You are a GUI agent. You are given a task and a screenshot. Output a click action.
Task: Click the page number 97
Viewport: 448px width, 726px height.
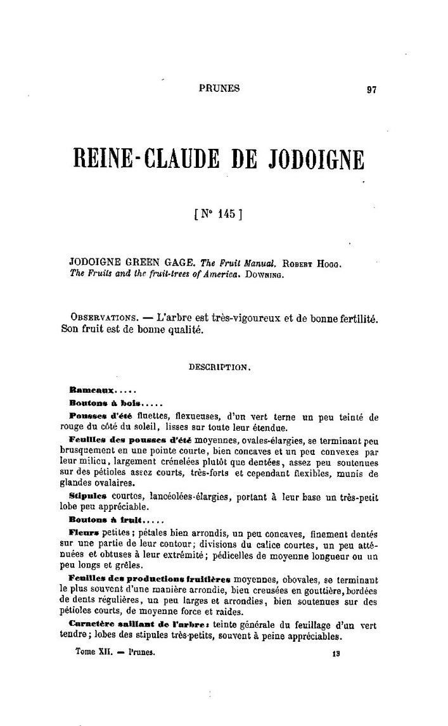pos(372,89)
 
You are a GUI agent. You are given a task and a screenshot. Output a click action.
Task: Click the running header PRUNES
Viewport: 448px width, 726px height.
pos(219,89)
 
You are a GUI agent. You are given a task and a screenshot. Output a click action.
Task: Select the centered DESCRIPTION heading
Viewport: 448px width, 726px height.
pos(219,366)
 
